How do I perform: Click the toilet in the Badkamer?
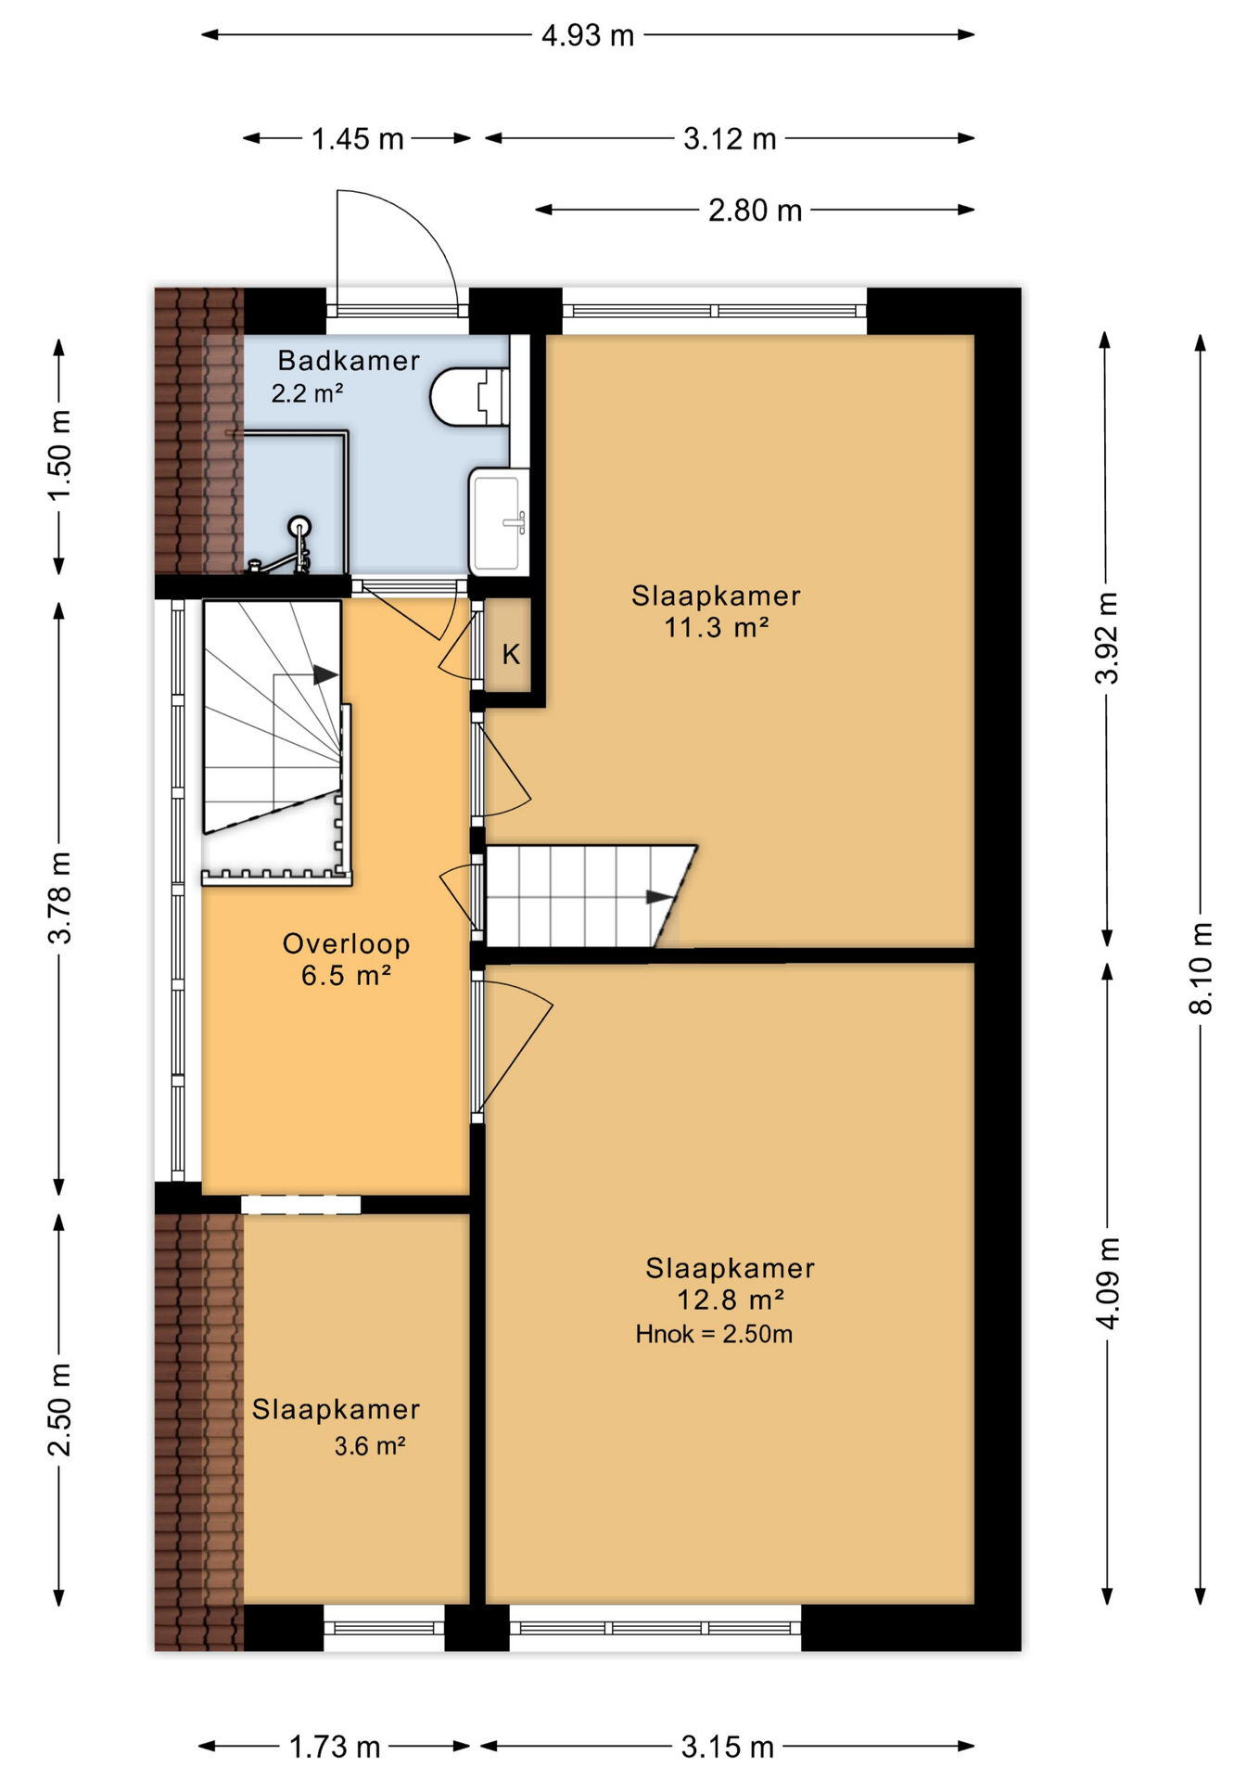click(x=470, y=397)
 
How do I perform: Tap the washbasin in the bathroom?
click(x=499, y=522)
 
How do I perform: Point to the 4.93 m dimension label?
click(x=588, y=35)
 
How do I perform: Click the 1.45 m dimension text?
click(x=357, y=139)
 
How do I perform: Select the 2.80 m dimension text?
click(x=755, y=211)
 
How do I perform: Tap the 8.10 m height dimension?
click(x=1201, y=967)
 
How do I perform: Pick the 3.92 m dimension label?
click(x=1107, y=637)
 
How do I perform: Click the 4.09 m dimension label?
click(x=1107, y=1283)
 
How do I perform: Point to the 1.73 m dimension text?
click(x=335, y=1748)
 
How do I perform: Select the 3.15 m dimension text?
click(x=727, y=1748)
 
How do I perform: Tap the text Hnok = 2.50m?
click(x=714, y=1334)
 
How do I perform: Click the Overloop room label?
click(x=346, y=943)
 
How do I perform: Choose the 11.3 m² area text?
click(x=716, y=627)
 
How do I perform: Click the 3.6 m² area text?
click(x=370, y=1445)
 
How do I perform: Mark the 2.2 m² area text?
click(x=308, y=392)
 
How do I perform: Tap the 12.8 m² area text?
click(x=731, y=1299)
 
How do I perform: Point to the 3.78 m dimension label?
click(x=59, y=898)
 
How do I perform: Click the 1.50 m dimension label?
click(x=59, y=455)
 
